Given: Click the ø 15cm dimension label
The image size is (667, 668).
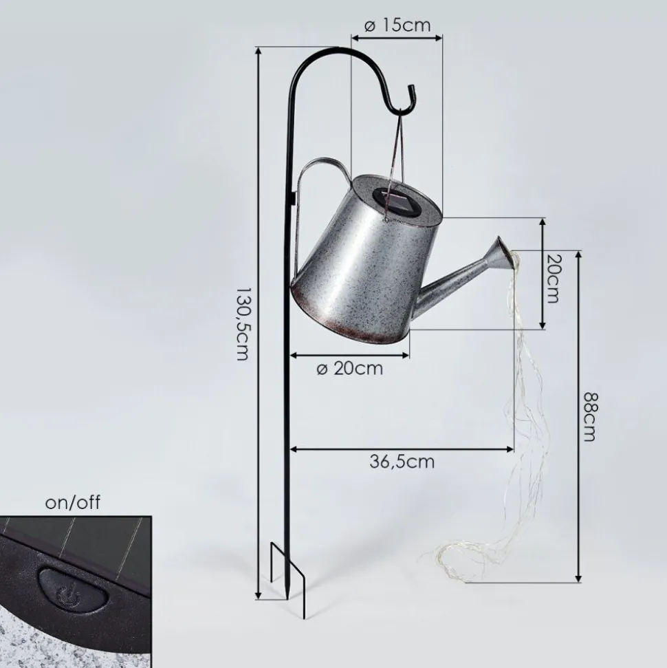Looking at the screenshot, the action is pyautogui.click(x=397, y=25).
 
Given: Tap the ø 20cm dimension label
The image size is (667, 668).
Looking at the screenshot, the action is pyautogui.click(x=350, y=369).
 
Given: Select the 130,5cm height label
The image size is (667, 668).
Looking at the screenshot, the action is pyautogui.click(x=242, y=324).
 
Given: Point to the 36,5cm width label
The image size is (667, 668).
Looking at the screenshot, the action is pyautogui.click(x=402, y=462).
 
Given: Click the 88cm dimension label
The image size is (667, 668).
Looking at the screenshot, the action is pyautogui.click(x=590, y=417).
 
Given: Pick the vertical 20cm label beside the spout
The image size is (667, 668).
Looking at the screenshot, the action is pyautogui.click(x=552, y=279).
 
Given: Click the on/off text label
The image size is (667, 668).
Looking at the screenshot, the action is pyautogui.click(x=73, y=503).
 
